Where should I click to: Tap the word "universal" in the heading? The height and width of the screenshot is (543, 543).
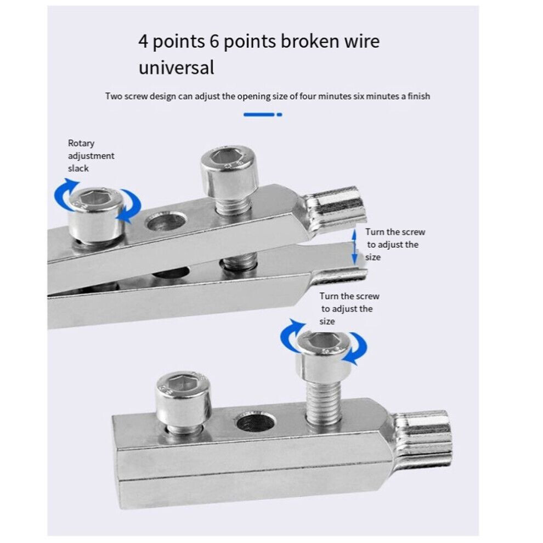176,67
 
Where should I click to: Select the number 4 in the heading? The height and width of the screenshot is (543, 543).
143,42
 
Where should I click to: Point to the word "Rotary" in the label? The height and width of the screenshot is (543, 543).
81,143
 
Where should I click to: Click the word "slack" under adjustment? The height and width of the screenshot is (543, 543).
78,168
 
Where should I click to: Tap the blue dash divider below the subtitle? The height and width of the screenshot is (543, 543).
263,115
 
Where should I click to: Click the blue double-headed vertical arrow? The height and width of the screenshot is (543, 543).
354,247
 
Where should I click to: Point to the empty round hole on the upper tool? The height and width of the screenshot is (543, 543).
166,222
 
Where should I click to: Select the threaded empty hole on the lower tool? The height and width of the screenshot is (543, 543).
256,422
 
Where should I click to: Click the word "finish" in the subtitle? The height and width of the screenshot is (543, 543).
418,97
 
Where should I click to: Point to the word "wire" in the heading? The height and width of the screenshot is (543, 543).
361,41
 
